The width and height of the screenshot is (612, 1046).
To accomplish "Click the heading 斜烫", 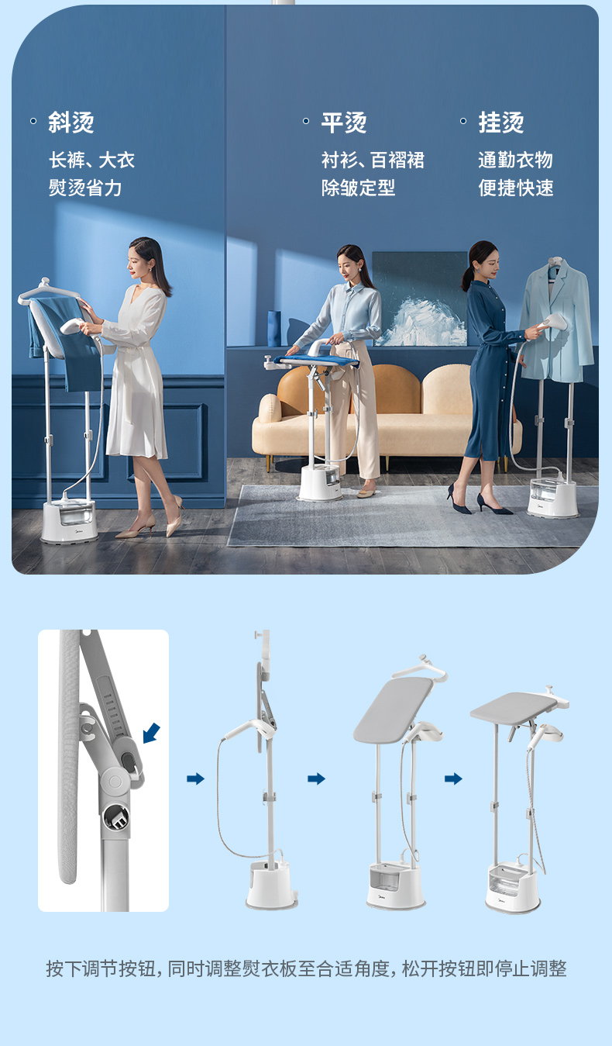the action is click(x=71, y=123).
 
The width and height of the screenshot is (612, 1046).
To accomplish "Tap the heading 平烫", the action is click(x=344, y=123).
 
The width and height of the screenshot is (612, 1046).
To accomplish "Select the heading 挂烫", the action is click(x=501, y=123).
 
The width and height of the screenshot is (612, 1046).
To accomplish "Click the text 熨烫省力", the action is click(x=85, y=188).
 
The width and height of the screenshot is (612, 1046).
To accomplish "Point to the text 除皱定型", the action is click(x=358, y=188).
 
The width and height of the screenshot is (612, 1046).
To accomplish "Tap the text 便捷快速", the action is click(x=515, y=188).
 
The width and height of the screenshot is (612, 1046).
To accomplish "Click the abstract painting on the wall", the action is click(x=420, y=299).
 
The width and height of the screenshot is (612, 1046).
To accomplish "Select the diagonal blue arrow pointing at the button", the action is click(x=151, y=733).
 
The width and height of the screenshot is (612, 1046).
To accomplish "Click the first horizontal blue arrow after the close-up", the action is click(x=195, y=778).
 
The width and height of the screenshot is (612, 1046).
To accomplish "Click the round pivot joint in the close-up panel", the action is click(x=113, y=780).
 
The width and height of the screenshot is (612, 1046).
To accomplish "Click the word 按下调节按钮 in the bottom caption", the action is click(x=100, y=968).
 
